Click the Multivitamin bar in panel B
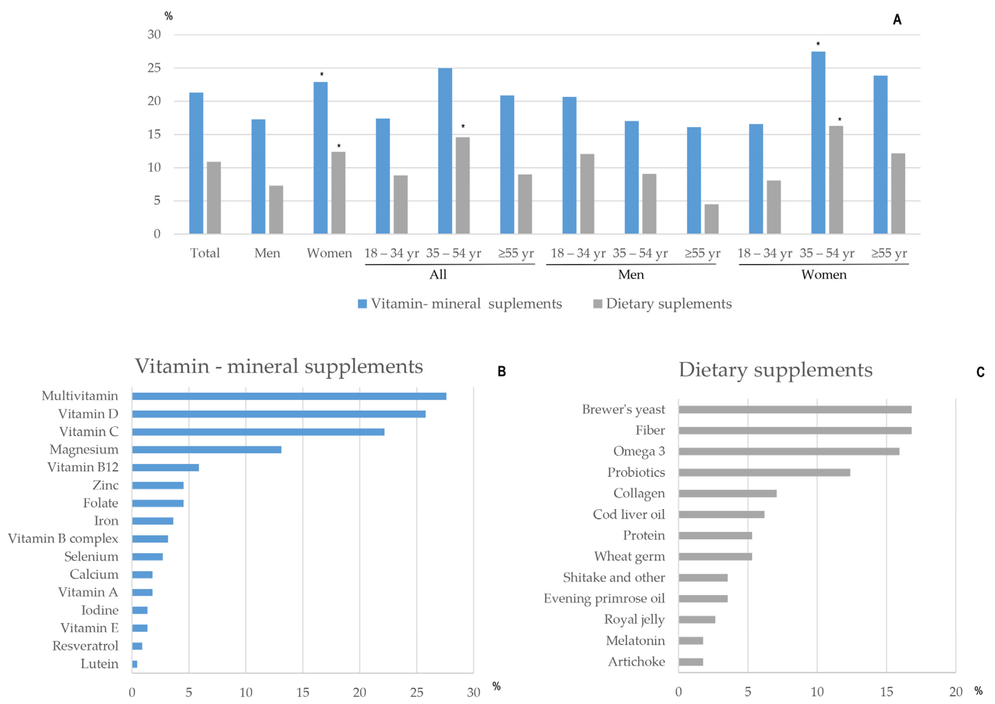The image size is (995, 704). tap(289, 396)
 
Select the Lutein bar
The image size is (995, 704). tap(135, 664)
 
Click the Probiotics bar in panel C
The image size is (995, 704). tap(764, 472)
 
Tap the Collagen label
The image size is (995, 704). tap(639, 493)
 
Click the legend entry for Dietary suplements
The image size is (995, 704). tap(668, 304)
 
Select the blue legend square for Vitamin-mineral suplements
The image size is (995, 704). tap(362, 304)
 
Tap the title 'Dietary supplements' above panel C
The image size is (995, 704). tap(775, 370)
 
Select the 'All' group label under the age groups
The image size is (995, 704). tap(438, 275)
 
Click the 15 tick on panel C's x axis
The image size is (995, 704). tap(886, 692)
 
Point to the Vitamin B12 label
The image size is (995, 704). tap(83, 467)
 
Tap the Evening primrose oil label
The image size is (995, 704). tap(604, 599)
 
